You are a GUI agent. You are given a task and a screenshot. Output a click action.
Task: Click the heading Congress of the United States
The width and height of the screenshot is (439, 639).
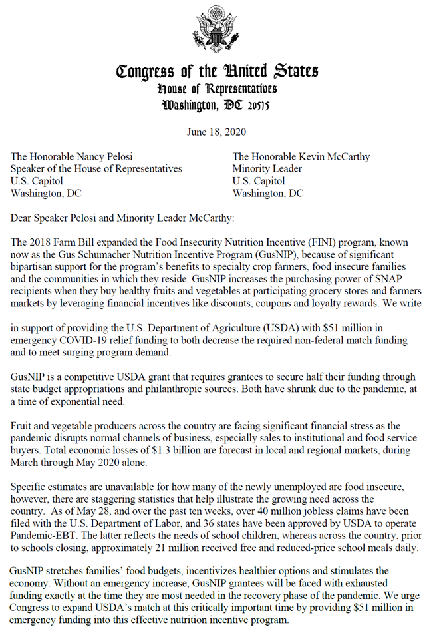coord(217,71)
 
